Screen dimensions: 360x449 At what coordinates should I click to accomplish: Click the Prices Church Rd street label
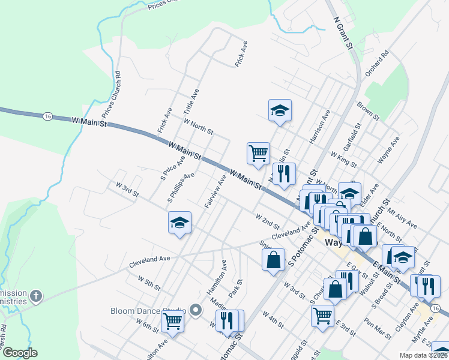[x=111, y=95]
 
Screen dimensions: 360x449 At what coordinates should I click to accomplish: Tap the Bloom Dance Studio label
[x=147, y=311]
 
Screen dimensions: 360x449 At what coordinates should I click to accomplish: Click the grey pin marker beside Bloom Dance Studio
[x=196, y=310]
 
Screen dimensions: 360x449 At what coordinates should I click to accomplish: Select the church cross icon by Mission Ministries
[x=36, y=296]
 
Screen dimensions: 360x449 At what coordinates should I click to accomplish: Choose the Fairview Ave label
[x=214, y=191]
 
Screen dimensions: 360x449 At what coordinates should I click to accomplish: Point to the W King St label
[x=343, y=159]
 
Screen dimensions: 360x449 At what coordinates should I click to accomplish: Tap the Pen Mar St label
[x=377, y=328]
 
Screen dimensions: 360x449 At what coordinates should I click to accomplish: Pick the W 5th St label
[x=149, y=283]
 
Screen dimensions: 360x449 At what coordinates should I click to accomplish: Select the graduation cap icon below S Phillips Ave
[x=179, y=223]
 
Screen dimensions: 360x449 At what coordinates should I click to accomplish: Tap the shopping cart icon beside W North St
[x=258, y=153]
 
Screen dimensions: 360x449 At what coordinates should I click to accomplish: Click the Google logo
[x=20, y=353]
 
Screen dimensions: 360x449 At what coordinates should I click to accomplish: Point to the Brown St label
[x=367, y=111]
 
